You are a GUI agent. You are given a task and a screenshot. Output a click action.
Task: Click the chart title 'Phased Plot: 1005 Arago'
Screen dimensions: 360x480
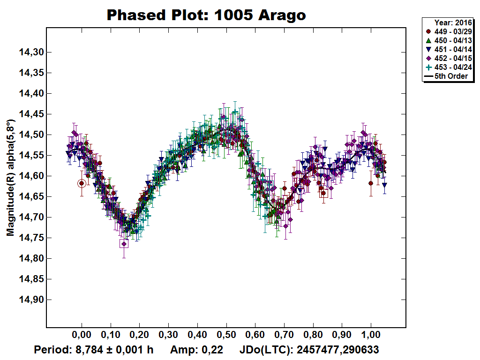(206, 15)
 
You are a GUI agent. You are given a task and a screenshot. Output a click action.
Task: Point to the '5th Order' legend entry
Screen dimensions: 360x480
(447, 76)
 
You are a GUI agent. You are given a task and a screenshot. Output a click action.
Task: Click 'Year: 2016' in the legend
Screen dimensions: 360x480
(452, 22)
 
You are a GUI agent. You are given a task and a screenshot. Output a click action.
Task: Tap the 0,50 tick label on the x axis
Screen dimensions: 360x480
(226, 336)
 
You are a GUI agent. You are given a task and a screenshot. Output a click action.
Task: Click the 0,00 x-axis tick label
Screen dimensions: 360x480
(82, 336)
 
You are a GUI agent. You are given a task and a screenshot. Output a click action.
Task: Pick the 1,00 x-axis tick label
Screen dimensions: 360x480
(371, 336)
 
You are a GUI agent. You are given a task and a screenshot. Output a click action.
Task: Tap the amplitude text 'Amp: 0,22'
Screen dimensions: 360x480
(196, 350)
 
